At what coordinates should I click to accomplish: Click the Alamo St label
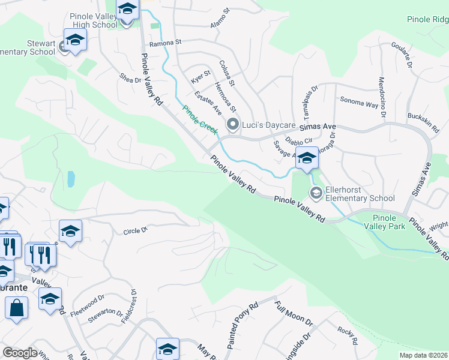pos(220,19)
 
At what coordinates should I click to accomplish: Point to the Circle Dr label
pos(135,230)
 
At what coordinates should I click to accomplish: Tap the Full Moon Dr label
pos(294,314)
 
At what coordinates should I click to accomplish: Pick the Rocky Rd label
pos(348,336)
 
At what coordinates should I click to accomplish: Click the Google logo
pos(20,352)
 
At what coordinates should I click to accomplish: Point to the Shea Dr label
pos(130,78)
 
